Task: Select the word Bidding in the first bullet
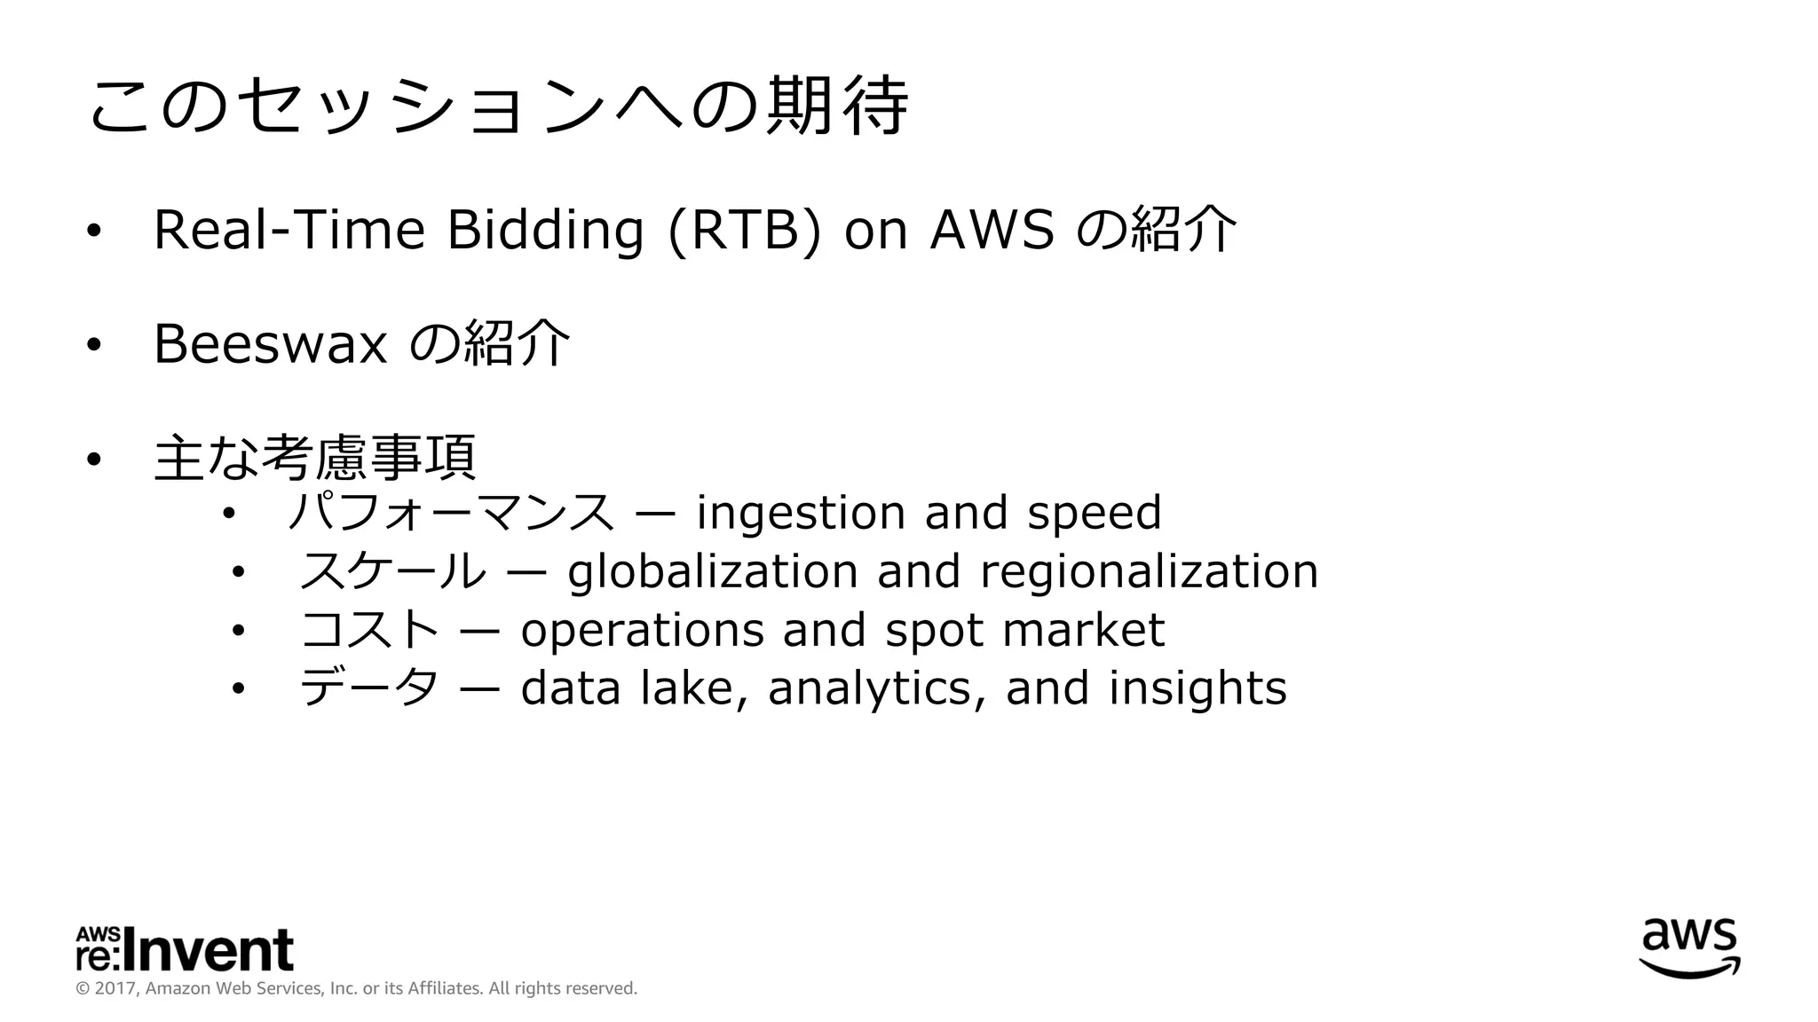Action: click(x=544, y=230)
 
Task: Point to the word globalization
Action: click(x=712, y=571)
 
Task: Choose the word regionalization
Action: click(x=1149, y=571)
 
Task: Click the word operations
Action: click(x=642, y=630)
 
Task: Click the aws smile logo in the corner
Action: click(x=1688, y=947)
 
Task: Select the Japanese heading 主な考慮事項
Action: click(x=314, y=458)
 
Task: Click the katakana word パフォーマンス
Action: click(x=450, y=513)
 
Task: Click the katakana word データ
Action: click(x=368, y=688)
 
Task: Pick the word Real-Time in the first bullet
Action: click(x=289, y=230)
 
